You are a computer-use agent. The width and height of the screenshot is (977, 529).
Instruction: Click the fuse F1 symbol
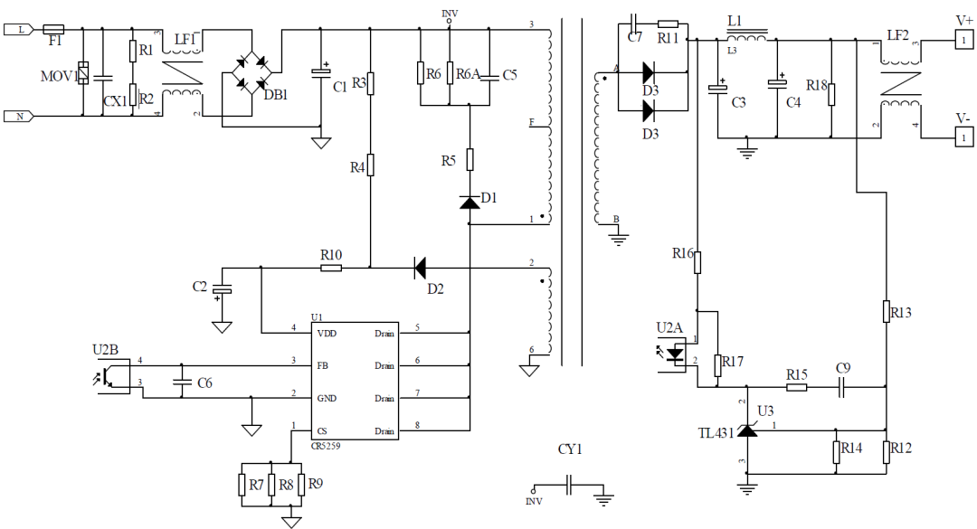tap(53, 29)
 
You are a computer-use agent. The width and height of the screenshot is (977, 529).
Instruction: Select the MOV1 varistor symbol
tap(83, 73)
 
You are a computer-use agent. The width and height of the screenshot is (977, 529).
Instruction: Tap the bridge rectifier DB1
tap(252, 72)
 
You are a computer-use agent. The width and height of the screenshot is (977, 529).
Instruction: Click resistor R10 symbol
tap(331, 267)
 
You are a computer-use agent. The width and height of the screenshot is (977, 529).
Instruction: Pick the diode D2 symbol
tap(420, 267)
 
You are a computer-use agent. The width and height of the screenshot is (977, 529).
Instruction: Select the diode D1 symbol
tap(469, 202)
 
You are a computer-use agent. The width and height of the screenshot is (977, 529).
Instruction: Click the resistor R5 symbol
tap(469, 160)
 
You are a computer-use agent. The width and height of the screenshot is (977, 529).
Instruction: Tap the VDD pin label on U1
tap(327, 334)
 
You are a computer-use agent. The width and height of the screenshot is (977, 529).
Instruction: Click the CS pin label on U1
tap(321, 430)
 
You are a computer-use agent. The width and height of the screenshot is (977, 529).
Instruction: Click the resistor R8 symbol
tap(274, 485)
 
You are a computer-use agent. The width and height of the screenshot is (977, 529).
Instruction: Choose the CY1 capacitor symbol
tap(570, 486)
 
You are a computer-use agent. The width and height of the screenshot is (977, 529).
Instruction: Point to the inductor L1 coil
tap(746, 38)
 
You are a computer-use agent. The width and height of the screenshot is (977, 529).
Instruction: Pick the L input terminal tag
tap(20, 29)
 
